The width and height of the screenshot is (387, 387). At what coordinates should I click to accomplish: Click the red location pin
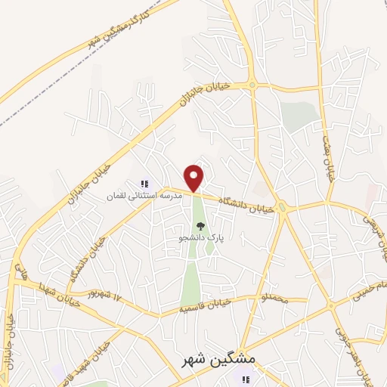pyautogui.click(x=194, y=178)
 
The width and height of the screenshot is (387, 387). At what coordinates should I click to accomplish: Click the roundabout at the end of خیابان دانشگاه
pyautogui.click(x=283, y=208)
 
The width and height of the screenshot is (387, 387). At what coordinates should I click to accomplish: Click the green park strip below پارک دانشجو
pyautogui.click(x=193, y=280)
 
